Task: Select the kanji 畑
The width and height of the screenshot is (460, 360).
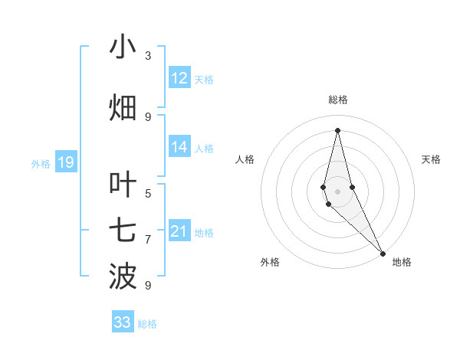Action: tap(123, 107)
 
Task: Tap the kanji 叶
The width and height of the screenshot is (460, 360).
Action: tap(123, 185)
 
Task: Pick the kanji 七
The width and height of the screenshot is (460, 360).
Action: tap(123, 231)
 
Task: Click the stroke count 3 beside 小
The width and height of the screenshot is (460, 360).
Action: tap(148, 56)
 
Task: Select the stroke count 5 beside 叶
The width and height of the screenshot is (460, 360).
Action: tap(148, 193)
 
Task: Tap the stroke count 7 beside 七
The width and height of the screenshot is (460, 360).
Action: tap(148, 240)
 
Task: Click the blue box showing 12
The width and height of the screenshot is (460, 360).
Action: tap(179, 78)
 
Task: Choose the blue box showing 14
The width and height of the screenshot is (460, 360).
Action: tap(179, 147)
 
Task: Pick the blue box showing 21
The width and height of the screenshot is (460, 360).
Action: tap(179, 231)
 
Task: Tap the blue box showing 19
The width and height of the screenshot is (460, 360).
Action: tap(65, 162)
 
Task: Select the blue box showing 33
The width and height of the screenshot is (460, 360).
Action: tap(123, 322)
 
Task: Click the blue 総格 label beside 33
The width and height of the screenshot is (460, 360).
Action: tap(147, 324)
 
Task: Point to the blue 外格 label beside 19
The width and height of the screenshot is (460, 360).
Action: tap(40, 163)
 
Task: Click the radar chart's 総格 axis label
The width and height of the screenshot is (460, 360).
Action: tap(337, 100)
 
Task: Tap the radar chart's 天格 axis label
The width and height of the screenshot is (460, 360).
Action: tap(431, 159)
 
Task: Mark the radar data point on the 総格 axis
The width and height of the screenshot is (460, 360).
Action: tap(337, 129)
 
